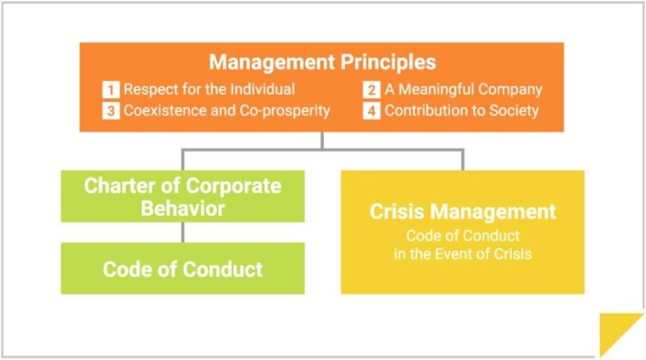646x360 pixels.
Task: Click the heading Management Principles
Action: [322, 63]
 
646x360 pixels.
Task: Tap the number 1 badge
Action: [111, 90]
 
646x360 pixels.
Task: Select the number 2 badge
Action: [371, 90]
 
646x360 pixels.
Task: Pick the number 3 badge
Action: [111, 111]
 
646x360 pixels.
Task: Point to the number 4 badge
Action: [371, 111]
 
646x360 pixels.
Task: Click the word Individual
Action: [262, 90]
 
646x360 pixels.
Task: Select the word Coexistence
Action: [165, 111]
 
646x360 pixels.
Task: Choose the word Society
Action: [513, 111]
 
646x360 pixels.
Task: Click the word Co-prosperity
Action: [285, 111]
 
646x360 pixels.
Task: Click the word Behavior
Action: [183, 209]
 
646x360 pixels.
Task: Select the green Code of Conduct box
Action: [183, 268]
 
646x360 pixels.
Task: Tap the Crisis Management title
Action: [462, 212]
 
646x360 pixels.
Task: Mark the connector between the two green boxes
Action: [183, 232]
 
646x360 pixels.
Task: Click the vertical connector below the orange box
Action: [322, 140]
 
